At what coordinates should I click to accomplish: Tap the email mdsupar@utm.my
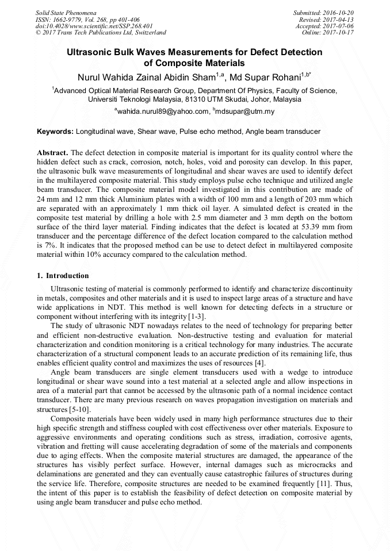(245, 111)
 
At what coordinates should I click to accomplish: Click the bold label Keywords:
(55, 132)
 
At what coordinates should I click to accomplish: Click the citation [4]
(259, 363)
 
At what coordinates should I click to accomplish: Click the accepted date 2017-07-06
(340, 26)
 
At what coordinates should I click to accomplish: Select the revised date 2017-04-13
(340, 19)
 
